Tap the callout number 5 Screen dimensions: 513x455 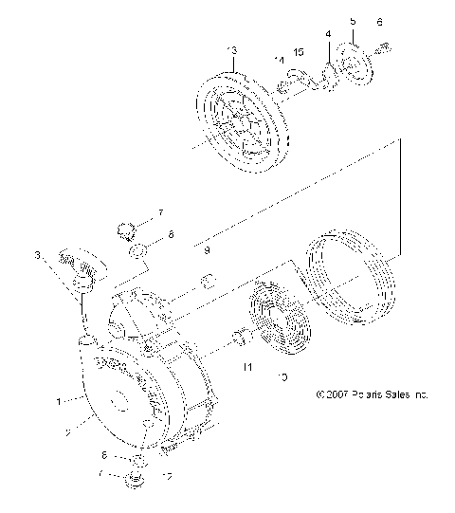(x=352, y=20)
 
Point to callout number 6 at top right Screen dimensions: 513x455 (x=380, y=21)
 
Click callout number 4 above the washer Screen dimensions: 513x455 (x=328, y=35)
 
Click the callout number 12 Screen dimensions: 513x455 (x=167, y=476)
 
